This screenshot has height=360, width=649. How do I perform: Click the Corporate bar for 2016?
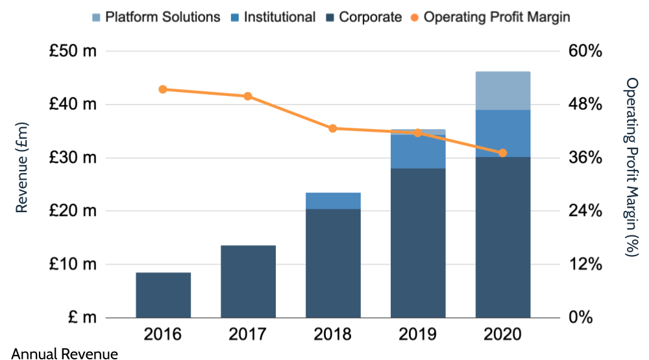(163, 295)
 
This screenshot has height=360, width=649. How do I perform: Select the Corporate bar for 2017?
(248, 282)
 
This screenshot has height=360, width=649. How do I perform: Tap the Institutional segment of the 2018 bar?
(333, 201)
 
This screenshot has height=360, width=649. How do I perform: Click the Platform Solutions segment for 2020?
(503, 91)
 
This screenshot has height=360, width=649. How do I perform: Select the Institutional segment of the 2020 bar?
(503, 134)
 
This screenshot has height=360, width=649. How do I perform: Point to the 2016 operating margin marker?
(163, 90)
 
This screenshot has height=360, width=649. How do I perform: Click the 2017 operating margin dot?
(248, 97)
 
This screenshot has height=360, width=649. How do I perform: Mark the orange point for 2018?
(333, 128)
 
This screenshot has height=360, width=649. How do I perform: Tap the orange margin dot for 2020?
(503, 153)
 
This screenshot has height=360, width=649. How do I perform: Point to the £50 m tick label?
(73, 51)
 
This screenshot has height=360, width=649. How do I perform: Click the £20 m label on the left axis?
(73, 211)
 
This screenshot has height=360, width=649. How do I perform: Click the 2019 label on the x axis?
(418, 335)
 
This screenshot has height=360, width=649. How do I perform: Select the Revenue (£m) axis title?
(21, 167)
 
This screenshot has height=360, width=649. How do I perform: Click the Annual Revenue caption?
(65, 354)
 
